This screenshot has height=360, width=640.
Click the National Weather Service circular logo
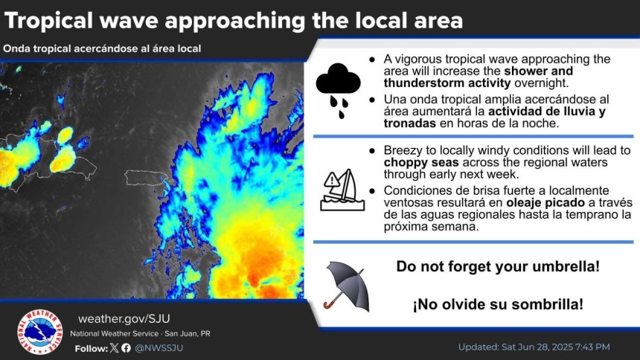pos(40,332)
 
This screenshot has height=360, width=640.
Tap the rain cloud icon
pos(339,90)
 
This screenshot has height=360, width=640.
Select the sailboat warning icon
pos(342,190)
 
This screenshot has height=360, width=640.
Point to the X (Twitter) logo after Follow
pos(115,348)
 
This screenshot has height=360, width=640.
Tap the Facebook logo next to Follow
pos(126,348)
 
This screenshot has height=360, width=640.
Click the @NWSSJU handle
pos(159,348)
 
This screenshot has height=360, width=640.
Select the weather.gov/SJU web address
pos(124,319)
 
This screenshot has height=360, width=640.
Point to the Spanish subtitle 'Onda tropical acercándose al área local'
pos(102,48)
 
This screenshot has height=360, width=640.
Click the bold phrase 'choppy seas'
pos(421,162)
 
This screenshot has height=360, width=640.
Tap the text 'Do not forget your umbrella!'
pos(498,266)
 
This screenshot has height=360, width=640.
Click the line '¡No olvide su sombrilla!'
pos(498,304)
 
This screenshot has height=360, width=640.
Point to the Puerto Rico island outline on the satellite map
pos(146,178)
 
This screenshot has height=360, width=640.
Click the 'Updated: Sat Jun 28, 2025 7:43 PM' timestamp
pos(534,347)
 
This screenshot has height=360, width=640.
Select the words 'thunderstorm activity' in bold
pos(447,83)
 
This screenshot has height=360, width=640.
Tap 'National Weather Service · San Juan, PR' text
pos(140,333)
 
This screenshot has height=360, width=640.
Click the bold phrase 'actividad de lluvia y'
pos(547,112)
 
